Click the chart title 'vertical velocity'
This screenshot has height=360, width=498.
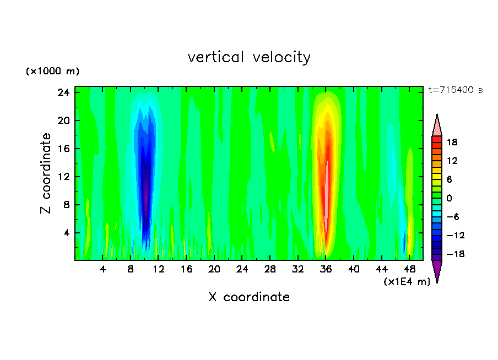point(249,57)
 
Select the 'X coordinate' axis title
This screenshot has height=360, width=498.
point(249,297)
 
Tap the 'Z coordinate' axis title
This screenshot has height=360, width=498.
point(46,173)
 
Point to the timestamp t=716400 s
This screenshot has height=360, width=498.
point(455,90)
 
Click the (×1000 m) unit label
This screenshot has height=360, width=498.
point(52,72)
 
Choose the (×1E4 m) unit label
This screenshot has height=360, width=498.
point(407,282)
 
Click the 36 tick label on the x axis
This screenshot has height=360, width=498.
point(326,269)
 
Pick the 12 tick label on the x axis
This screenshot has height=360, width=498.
point(159,269)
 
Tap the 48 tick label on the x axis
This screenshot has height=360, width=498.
point(410,269)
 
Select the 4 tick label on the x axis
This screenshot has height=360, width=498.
point(103,269)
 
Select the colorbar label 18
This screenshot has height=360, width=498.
point(452,142)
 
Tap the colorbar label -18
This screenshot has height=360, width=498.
point(451,254)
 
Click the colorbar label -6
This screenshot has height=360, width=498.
point(452,217)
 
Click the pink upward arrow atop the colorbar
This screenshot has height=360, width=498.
point(437,126)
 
